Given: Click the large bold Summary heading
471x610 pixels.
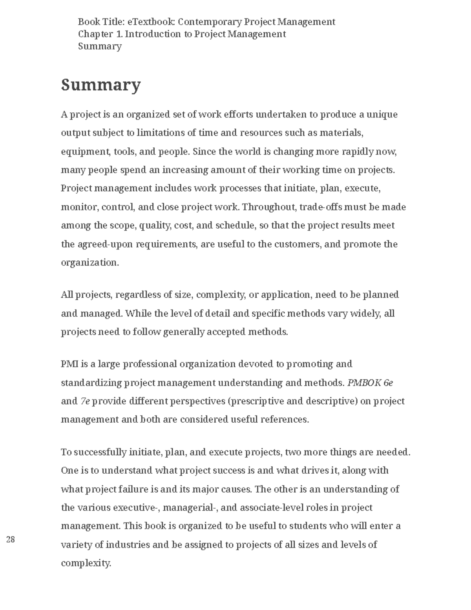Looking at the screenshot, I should [x=100, y=85].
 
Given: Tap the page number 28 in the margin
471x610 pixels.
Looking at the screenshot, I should [x=11, y=539].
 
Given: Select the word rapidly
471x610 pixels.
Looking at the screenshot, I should [x=358, y=152].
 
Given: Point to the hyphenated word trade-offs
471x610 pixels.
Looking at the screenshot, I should [x=320, y=207].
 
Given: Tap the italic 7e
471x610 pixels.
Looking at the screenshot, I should [x=85, y=401].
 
